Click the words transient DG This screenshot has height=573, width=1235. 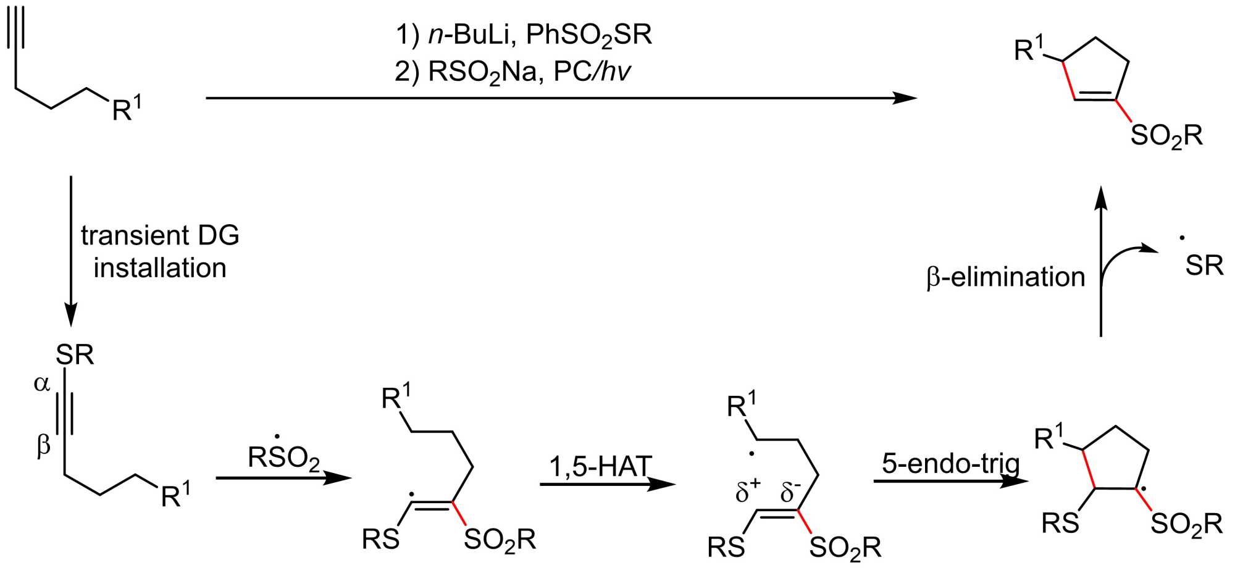tap(160, 235)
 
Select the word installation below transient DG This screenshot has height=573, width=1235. tap(160, 268)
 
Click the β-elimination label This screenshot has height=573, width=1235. tap(1005, 277)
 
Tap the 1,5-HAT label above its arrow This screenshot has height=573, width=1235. tap(600, 467)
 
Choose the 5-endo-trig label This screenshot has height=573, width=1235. tap(951, 463)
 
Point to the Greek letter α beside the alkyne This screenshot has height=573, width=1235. tap(42, 384)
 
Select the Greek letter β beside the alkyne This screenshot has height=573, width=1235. tap(43, 445)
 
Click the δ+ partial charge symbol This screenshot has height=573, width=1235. tap(747, 491)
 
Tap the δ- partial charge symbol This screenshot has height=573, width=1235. tap(790, 491)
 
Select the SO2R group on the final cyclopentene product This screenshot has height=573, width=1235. tap(1166, 136)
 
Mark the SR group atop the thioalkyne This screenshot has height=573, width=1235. tap(75, 355)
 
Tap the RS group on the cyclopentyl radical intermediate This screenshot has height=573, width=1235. tap(1060, 523)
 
